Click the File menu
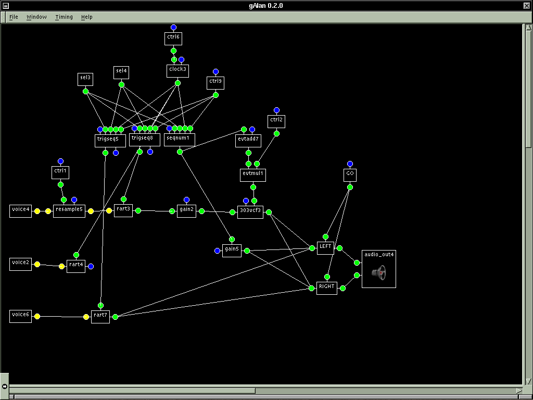[x=14, y=17]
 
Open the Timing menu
[x=64, y=17]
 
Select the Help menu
[x=86, y=17]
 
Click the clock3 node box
[x=177, y=69]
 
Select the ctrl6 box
[x=173, y=38]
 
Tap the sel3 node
[x=85, y=79]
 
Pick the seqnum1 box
[x=180, y=139]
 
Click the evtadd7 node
[x=248, y=140]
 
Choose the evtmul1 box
[x=253, y=174]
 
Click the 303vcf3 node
[x=250, y=211]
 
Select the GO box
[x=350, y=174]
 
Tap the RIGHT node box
[x=326, y=287]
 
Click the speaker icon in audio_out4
[x=379, y=273]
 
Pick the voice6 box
[x=20, y=316]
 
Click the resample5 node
[x=69, y=210]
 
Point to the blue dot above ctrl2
[x=276, y=110]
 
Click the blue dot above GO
[x=350, y=164]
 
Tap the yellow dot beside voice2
[x=37, y=265]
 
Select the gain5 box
[x=232, y=250]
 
